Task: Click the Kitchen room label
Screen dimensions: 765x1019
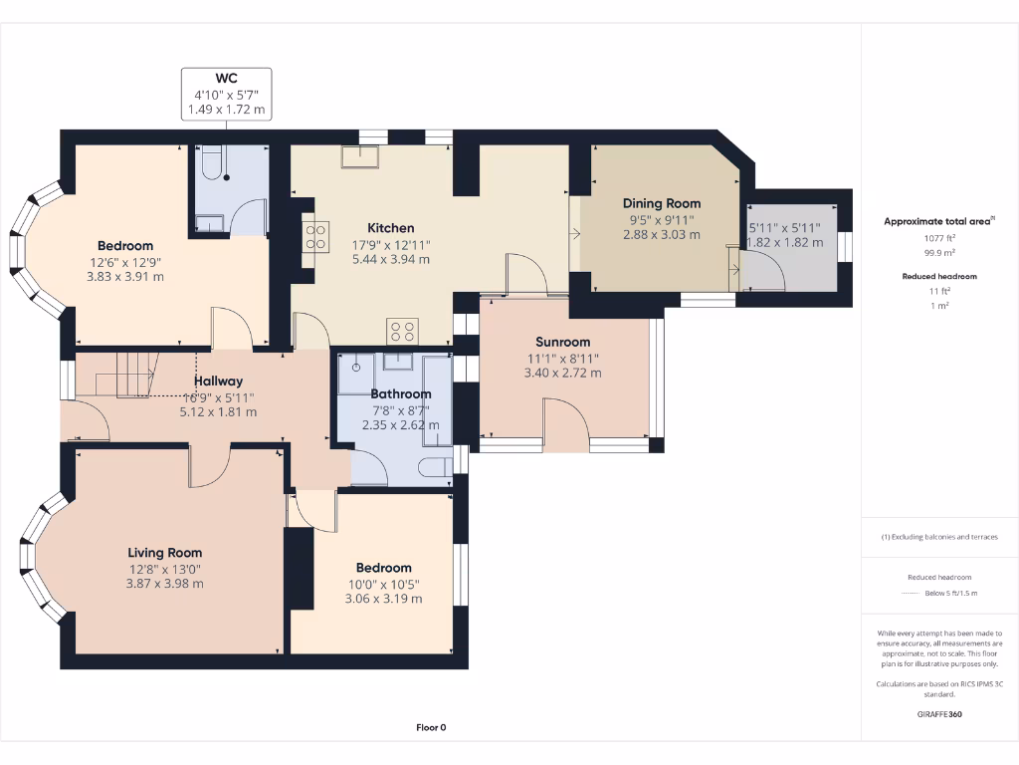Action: click(390, 228)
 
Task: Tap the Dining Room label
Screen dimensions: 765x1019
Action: click(662, 203)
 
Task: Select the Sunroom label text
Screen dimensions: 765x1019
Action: click(562, 342)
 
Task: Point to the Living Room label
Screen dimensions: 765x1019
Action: click(164, 553)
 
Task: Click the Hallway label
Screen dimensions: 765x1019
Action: click(218, 381)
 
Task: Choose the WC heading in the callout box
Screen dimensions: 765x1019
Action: click(227, 78)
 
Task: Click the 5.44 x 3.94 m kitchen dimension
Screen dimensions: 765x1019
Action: click(390, 259)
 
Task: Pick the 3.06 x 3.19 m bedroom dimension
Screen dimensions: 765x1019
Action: click(383, 599)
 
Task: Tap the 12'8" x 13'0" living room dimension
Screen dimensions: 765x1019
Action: click(164, 569)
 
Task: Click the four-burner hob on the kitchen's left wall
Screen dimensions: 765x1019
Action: click(315, 236)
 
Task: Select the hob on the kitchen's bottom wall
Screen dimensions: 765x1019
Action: click(402, 331)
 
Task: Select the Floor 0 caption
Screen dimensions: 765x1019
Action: click(432, 727)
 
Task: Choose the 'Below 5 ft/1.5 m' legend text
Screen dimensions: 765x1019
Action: click(952, 593)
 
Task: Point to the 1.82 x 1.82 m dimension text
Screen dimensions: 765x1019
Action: click(785, 242)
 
